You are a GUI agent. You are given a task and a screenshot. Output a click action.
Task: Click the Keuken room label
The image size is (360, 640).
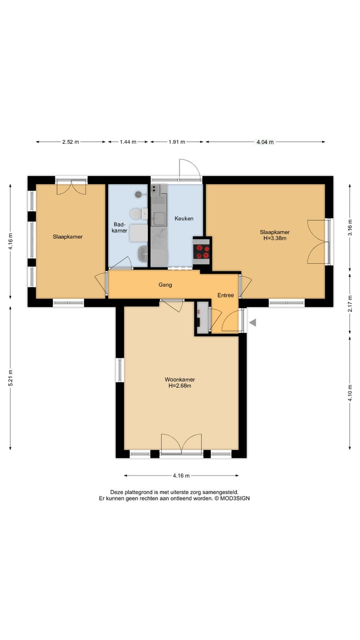pyautogui.click(x=184, y=218)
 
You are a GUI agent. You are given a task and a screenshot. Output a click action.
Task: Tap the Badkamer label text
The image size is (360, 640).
pyautogui.click(x=119, y=227)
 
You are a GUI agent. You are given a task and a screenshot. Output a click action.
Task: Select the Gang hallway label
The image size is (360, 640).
pyautogui.click(x=165, y=285)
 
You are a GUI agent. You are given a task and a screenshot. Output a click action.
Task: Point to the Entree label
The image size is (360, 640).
pyautogui.click(x=225, y=295)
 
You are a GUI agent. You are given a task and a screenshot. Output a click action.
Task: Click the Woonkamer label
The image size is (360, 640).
pyautogui.click(x=180, y=379)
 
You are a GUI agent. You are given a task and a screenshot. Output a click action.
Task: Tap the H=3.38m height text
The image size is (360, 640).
pyautogui.click(x=275, y=238)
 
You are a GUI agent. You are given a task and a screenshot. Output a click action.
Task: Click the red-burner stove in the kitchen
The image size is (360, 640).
pyautogui.click(x=202, y=251)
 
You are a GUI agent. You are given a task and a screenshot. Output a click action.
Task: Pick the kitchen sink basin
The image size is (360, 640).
pyautogui.click(x=158, y=219)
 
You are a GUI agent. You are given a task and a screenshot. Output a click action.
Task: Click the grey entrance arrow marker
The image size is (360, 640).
pyautogui.click(x=252, y=323)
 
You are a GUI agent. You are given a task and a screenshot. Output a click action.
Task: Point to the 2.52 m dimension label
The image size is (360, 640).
pyautogui.click(x=70, y=141)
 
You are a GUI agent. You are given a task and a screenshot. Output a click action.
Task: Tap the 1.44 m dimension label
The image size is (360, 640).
pyautogui.click(x=128, y=141)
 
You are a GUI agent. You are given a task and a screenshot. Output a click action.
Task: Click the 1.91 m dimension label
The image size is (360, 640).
pyautogui.click(x=177, y=141)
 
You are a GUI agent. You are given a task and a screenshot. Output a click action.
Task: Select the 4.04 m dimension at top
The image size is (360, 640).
pyautogui.click(x=265, y=141)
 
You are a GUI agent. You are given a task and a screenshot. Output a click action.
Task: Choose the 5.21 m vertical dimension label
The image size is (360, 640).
pyautogui.click(x=10, y=378)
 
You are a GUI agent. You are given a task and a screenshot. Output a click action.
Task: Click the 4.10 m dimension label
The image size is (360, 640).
pyautogui.click(x=350, y=393)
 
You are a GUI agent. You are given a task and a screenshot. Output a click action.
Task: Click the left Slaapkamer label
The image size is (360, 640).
pyautogui.click(x=67, y=237)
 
